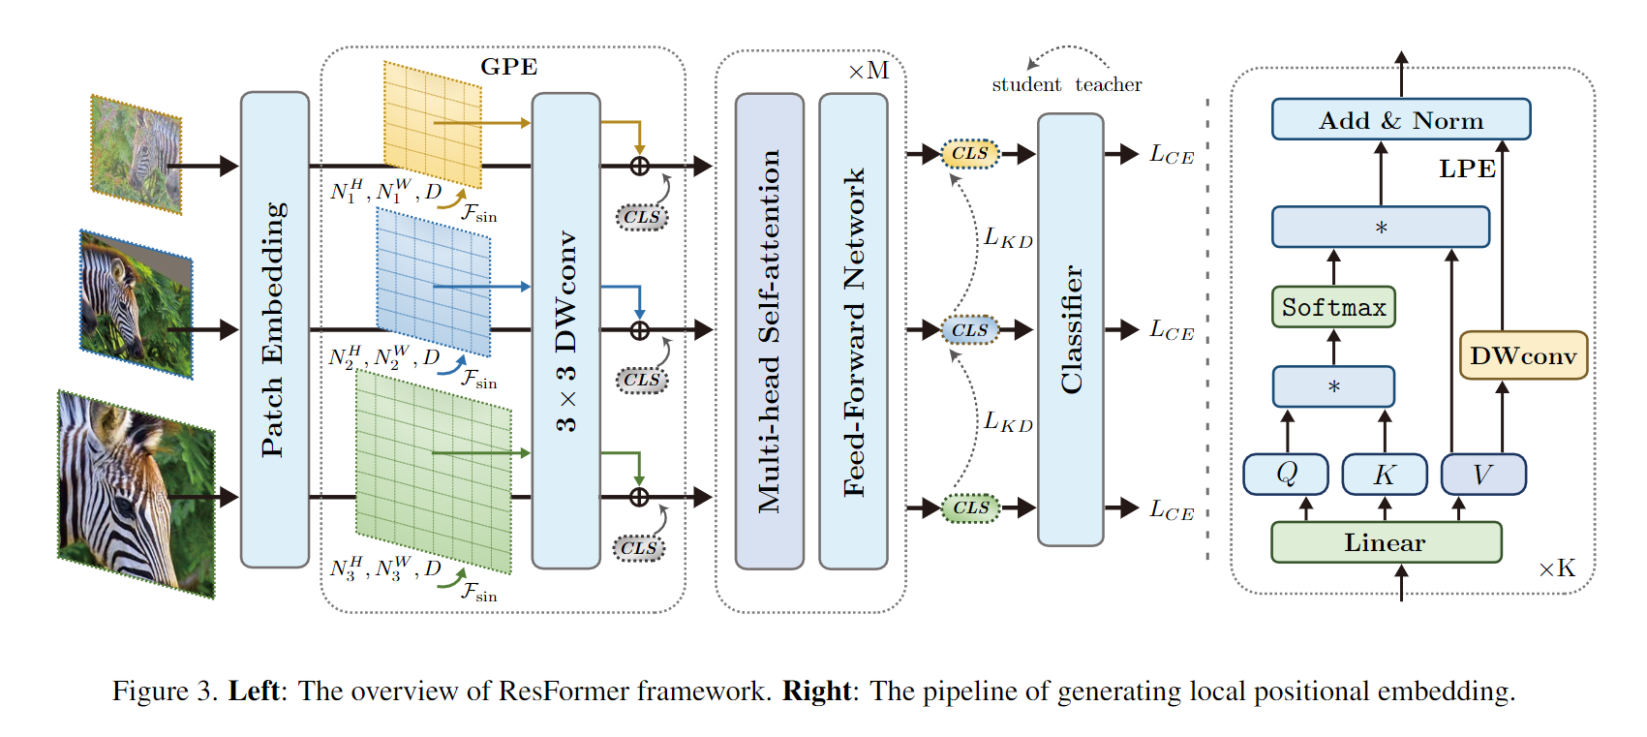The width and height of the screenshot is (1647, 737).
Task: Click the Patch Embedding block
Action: (274, 329)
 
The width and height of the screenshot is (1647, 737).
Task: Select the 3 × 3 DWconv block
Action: (565, 329)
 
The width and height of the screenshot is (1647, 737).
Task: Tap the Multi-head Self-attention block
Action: (769, 329)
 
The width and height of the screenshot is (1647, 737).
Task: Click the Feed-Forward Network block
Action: (853, 329)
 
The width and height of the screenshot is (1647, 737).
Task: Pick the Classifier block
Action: (1070, 329)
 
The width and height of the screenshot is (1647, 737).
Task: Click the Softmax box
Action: (1333, 307)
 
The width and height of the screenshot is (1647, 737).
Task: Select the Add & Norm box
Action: (1400, 120)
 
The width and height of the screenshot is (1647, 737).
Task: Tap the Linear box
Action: (1385, 542)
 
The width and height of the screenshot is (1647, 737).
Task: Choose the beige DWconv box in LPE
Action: (1522, 355)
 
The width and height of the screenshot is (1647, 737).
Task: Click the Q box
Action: (1286, 475)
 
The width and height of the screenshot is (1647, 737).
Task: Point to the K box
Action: (1384, 475)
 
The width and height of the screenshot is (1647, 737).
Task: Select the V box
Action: (1482, 475)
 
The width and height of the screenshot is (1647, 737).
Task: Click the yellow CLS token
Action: (969, 153)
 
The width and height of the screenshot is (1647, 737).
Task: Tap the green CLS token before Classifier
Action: (970, 507)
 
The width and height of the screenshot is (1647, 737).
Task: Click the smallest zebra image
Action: (137, 155)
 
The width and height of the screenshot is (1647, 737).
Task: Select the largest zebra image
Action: (136, 494)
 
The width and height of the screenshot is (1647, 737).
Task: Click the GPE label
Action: (508, 67)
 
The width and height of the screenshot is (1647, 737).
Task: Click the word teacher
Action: (1108, 85)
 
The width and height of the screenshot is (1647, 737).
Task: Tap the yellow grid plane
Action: (433, 124)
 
